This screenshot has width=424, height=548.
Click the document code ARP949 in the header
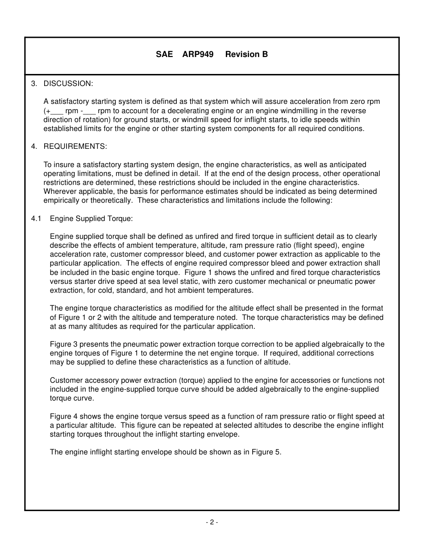point(198,54)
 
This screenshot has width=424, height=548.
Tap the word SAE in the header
point(164,54)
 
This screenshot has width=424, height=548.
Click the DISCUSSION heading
point(68,84)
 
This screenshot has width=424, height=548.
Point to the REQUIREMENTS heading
point(75,147)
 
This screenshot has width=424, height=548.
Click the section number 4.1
point(36,219)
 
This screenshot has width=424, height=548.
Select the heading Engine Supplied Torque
point(91,219)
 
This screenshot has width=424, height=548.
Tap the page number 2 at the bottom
point(212,522)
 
